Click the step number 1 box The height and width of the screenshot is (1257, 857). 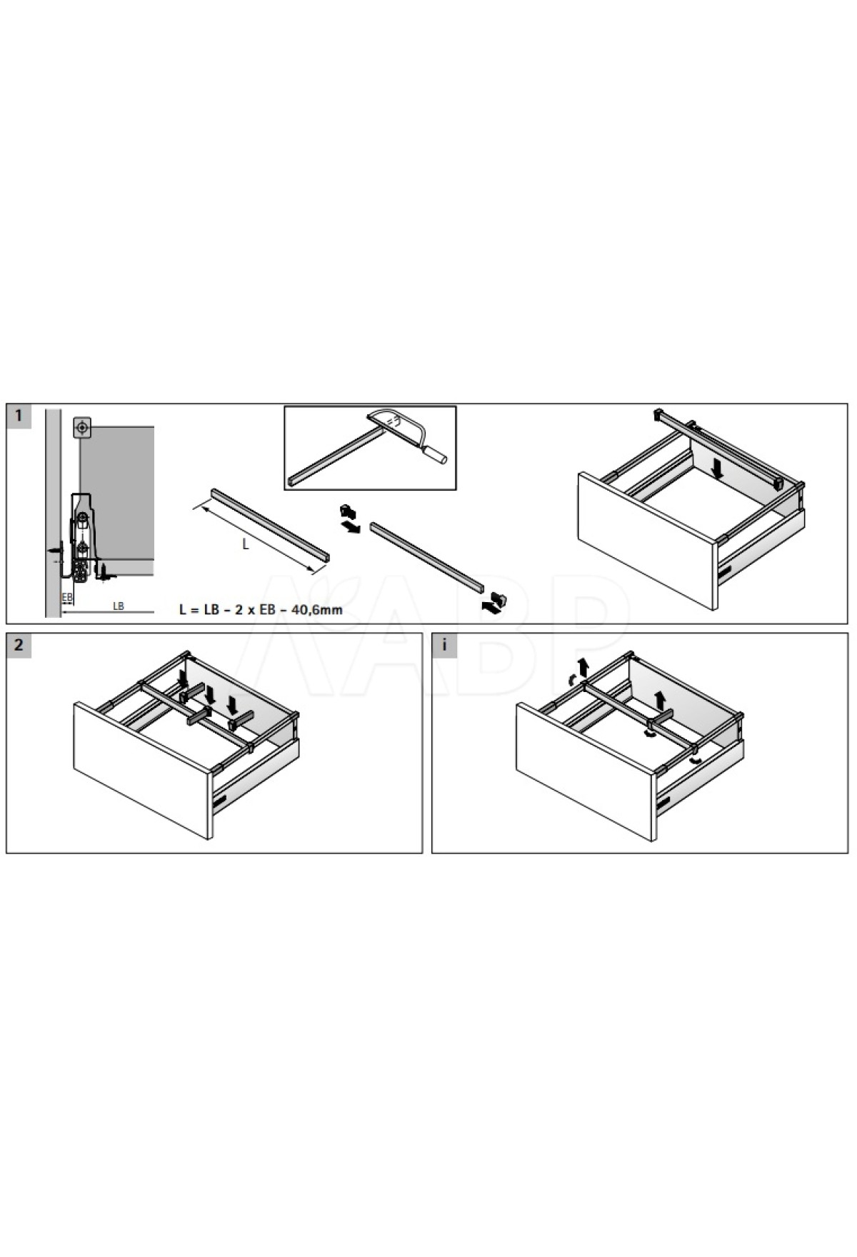point(19,416)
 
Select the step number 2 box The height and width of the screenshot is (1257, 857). point(19,645)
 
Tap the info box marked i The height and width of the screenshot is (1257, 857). point(444,645)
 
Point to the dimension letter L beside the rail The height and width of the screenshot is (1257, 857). point(245,544)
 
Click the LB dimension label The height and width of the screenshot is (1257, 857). point(119,606)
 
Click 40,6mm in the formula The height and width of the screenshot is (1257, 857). point(320,609)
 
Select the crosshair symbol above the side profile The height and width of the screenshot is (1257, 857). point(83,428)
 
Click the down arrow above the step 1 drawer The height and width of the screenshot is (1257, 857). point(719,469)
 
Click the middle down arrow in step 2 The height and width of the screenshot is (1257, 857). point(209,693)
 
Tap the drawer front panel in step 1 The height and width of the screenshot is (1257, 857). point(647,541)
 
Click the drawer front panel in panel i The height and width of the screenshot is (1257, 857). point(586,771)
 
